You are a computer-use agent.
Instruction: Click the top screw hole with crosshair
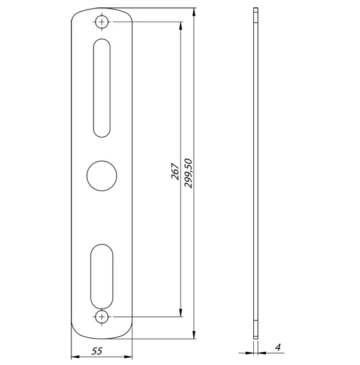(x=101, y=22)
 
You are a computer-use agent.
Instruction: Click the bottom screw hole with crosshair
(x=101, y=317)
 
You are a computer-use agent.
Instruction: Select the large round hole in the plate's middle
(x=101, y=176)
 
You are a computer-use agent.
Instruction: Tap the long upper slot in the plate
(x=101, y=88)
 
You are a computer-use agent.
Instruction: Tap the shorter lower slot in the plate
(x=101, y=277)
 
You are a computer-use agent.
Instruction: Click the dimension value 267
(x=175, y=171)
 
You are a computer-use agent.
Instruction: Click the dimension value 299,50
(x=188, y=173)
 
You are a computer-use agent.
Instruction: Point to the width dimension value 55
(x=97, y=351)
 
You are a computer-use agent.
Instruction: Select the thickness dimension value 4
(x=278, y=347)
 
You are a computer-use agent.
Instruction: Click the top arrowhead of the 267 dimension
(x=181, y=26)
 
